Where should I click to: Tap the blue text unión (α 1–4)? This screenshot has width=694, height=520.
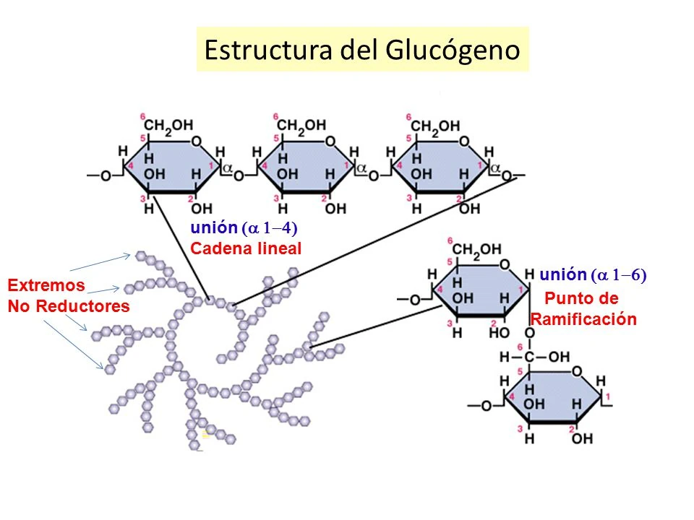tap(244, 228)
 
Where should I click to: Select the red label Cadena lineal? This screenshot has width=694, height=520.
tap(245, 248)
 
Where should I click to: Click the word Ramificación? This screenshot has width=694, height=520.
tap(583, 320)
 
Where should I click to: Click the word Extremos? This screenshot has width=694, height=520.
tap(46, 285)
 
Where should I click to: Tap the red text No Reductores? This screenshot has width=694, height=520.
tap(69, 306)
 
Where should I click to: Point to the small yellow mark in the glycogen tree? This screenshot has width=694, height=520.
tap(205, 433)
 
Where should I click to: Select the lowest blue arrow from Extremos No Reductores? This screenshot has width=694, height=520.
tap(72, 343)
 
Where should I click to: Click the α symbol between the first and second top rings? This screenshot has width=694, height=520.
tap(226, 168)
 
